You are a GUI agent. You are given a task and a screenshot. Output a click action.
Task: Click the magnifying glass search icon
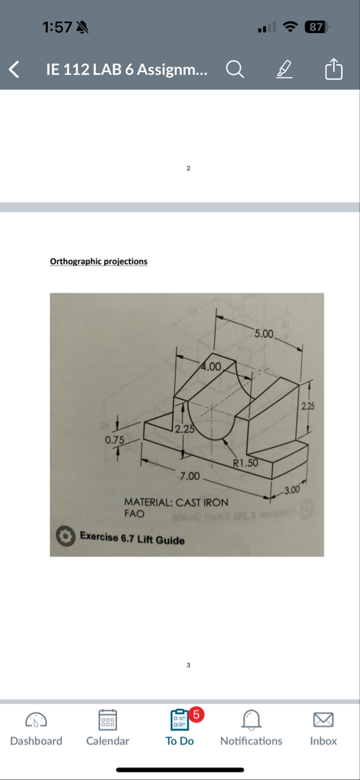click(x=234, y=69)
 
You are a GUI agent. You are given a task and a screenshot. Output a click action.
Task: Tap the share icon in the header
click(x=334, y=69)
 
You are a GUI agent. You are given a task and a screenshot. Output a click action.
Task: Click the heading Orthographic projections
click(x=98, y=261)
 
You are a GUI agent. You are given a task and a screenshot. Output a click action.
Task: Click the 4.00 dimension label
click(x=211, y=366)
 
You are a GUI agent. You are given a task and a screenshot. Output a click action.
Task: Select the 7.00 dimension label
click(x=189, y=476)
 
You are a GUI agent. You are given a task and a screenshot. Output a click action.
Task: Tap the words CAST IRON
click(x=202, y=502)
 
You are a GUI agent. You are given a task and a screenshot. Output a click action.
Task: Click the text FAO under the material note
click(x=135, y=514)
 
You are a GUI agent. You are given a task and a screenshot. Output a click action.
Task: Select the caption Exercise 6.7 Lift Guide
click(x=132, y=539)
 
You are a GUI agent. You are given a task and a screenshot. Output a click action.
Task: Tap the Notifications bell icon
click(x=251, y=721)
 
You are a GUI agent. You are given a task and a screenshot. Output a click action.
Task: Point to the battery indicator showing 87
click(x=316, y=27)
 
